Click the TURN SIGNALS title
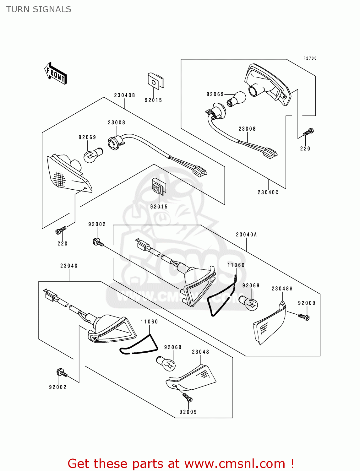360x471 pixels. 39,9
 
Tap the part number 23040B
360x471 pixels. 124,95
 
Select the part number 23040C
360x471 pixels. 268,192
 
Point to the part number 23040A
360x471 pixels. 246,235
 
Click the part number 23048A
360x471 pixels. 282,289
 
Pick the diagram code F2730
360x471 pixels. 310,58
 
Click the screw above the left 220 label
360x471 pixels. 61,230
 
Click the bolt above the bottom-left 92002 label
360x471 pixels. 62,373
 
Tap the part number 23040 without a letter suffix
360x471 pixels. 69,266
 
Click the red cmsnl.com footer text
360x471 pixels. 181,463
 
